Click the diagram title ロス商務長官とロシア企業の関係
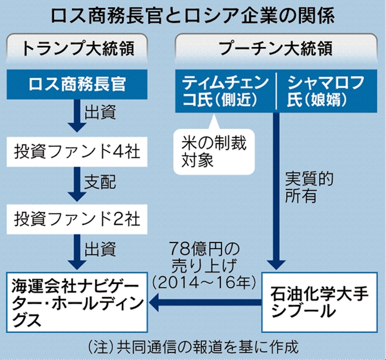click(x=193, y=15)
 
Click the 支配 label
click(x=100, y=183)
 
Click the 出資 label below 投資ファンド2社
click(x=100, y=248)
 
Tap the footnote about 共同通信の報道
click(x=193, y=346)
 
